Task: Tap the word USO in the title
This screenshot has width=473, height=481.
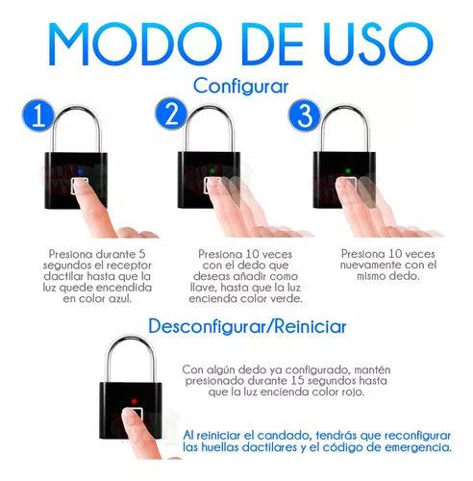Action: tap(379, 44)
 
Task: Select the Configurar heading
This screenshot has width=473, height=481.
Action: tap(240, 87)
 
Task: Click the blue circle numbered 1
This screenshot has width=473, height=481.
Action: tap(38, 115)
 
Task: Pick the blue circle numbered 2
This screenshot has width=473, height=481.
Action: tap(171, 114)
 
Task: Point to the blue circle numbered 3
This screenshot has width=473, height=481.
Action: tap(305, 115)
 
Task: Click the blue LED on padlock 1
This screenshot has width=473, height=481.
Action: tap(80, 171)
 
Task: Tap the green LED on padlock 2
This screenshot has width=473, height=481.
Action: tap(212, 171)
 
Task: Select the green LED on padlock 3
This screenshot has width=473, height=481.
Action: tap(347, 170)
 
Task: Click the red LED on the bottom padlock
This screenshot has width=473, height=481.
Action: tap(135, 401)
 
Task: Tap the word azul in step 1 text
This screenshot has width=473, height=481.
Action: tap(120, 299)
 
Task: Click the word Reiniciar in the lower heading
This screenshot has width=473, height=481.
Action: tap(311, 326)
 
